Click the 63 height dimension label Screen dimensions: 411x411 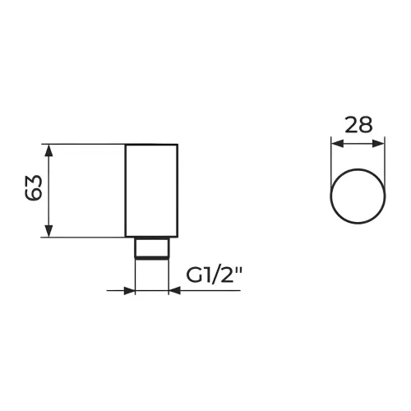click(x=34, y=188)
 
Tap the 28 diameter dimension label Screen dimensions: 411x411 click(x=358, y=125)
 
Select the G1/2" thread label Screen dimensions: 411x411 click(x=215, y=275)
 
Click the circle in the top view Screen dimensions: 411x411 click(x=358, y=169)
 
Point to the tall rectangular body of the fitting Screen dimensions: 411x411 click(x=151, y=190)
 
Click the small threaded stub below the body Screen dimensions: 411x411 click(x=151, y=247)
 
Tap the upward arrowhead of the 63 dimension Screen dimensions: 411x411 click(x=48, y=150)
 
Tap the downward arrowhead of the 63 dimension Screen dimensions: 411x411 click(x=48, y=230)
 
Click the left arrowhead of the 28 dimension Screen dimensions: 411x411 click(x=337, y=143)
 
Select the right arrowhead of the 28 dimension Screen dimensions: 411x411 click(x=378, y=143)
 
